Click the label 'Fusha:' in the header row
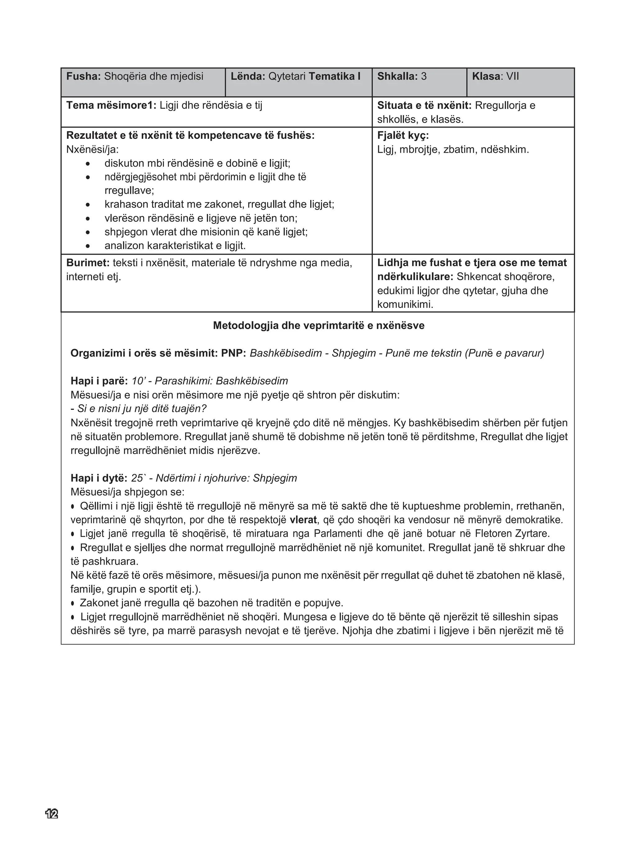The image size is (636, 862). tap(83, 76)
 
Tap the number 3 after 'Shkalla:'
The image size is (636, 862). tap(424, 76)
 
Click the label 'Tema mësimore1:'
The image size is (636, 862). tap(111, 106)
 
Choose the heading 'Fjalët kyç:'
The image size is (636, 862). tap(403, 135)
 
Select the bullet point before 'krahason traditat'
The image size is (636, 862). tap(88, 204)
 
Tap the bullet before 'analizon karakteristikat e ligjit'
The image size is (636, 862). tap(88, 246)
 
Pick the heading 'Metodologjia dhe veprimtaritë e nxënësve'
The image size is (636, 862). tap(318, 326)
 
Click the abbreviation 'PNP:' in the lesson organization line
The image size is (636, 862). tap(233, 353)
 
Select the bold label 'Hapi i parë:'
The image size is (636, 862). tap(99, 381)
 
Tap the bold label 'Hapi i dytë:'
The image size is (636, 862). tap(98, 478)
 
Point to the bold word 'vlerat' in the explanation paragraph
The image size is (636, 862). tap(303, 520)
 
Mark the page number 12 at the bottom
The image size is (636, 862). tap(52, 814)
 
